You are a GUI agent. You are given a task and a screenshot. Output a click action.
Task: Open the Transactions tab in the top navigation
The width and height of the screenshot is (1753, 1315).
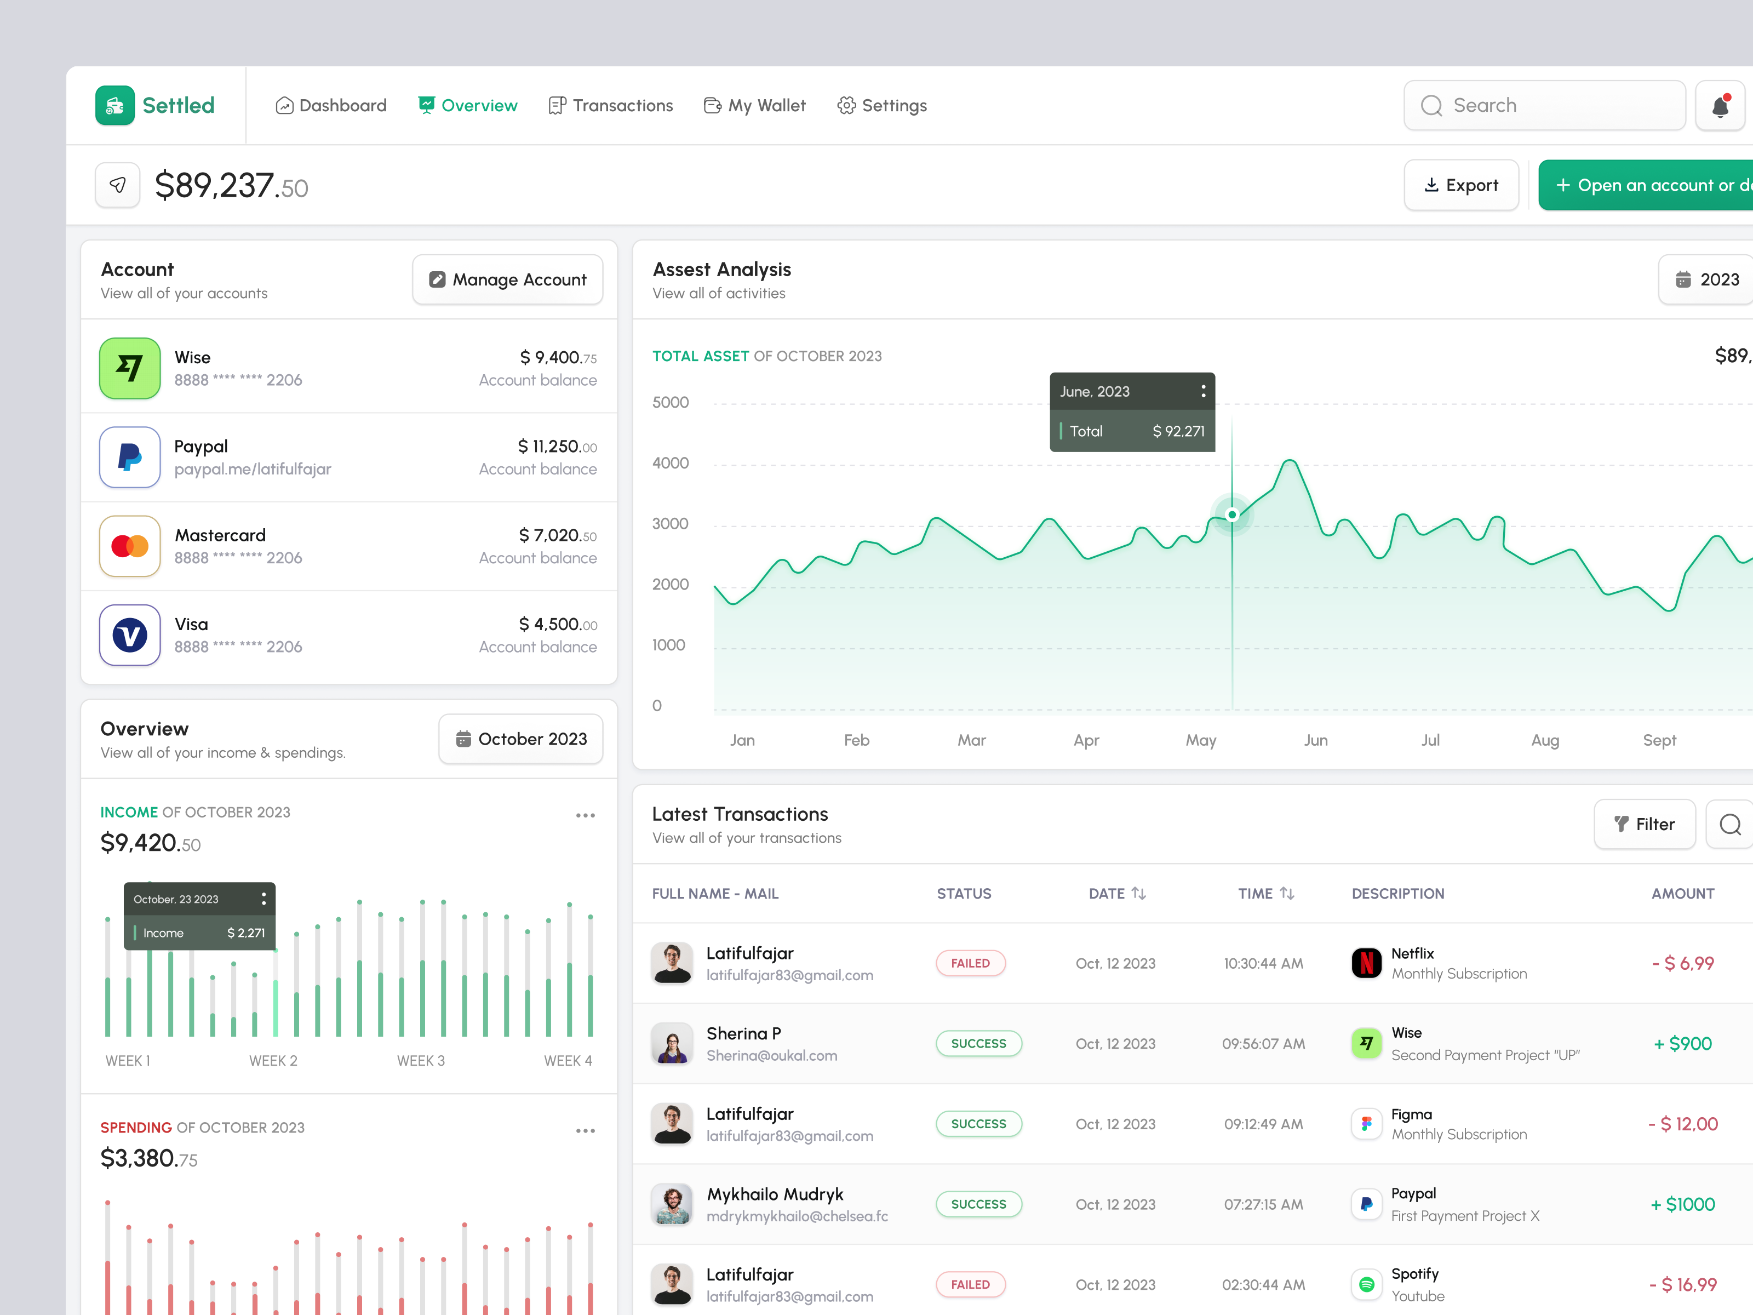click(611, 105)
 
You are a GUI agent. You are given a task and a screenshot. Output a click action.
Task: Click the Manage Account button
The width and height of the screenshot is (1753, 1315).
click(507, 280)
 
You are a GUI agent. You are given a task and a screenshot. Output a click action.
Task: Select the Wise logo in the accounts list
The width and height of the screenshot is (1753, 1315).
click(130, 369)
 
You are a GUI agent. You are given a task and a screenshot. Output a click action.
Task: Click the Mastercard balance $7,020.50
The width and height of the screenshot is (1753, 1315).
click(557, 536)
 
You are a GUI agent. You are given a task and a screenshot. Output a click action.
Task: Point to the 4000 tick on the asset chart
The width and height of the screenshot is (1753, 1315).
click(671, 463)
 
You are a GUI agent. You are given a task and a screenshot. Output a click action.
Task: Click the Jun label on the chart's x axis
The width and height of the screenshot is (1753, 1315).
click(1315, 740)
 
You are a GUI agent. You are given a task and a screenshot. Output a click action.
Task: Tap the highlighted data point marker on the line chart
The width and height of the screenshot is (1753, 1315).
click(1233, 515)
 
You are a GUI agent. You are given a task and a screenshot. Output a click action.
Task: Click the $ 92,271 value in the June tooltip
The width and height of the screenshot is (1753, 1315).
click(1178, 431)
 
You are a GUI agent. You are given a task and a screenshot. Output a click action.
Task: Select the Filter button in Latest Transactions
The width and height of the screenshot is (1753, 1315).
click(1645, 825)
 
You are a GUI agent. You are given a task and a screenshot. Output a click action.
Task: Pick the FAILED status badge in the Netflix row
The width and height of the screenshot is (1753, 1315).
click(970, 963)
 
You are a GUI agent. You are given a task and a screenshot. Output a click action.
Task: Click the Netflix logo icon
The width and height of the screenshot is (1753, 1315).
click(1366, 963)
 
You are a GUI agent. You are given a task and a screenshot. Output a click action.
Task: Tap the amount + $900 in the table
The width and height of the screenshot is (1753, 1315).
click(1682, 1044)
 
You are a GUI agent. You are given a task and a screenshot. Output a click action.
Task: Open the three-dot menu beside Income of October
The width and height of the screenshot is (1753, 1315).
click(585, 816)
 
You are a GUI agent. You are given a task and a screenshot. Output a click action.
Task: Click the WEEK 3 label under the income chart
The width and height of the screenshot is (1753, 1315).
click(421, 1061)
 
